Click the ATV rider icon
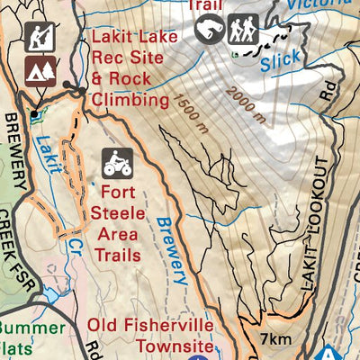pyautogui.click(x=116, y=163)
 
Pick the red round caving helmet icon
pyautogui.click(x=210, y=30)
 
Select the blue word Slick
pyautogui.click(x=281, y=62)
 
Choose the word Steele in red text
pyautogui.click(x=118, y=212)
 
